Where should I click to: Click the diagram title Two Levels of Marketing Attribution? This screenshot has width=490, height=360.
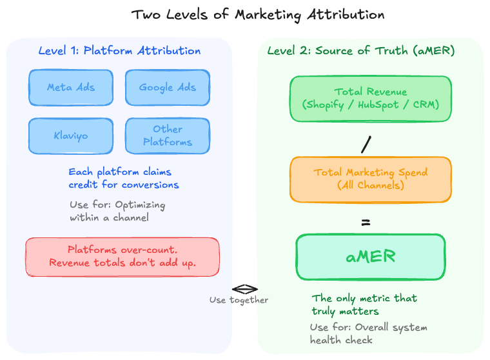[x=258, y=15]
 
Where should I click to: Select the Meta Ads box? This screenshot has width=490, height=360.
[x=71, y=87]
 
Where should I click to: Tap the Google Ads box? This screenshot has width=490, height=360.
[x=168, y=87]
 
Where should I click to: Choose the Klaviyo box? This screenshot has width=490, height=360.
[x=71, y=135]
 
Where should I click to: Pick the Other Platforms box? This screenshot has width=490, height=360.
[x=168, y=135]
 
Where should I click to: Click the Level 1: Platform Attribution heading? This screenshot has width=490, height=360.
[x=119, y=51]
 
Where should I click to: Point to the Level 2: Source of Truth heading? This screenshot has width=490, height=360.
[x=361, y=51]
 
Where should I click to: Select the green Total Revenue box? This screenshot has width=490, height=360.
[x=370, y=99]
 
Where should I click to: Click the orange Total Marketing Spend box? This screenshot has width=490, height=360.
[x=370, y=179]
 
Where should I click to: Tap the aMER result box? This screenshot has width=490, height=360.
[x=370, y=257]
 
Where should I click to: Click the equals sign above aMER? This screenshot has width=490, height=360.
[x=366, y=223]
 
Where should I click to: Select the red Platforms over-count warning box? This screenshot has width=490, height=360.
[x=122, y=257]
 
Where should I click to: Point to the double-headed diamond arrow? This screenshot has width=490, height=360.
[x=245, y=289]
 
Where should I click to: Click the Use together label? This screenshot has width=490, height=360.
[x=239, y=300]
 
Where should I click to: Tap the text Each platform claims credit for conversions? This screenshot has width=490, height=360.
[x=124, y=179]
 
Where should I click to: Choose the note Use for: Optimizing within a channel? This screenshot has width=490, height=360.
[x=117, y=212]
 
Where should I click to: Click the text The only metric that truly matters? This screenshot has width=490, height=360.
[x=364, y=305]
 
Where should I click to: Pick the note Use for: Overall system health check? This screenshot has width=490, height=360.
[x=368, y=334]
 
